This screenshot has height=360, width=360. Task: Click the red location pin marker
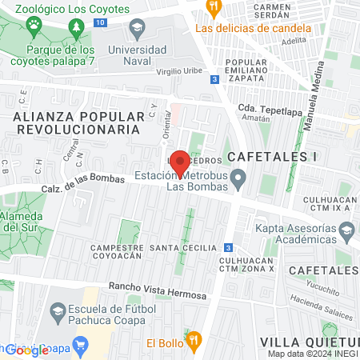click(180, 163)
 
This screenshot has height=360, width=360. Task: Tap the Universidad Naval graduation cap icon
click(137, 30)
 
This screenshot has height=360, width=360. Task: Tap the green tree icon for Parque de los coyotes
click(76, 29)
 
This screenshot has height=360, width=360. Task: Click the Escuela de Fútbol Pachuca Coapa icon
click(58, 310)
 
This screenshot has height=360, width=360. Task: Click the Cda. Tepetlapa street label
click(266, 109)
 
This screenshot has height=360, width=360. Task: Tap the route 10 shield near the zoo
click(98, 22)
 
